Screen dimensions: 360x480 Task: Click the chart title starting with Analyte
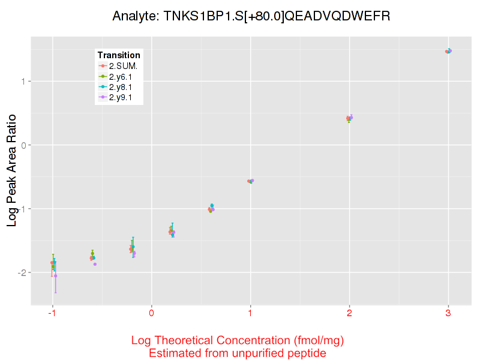[251, 16]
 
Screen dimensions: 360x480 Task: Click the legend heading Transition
[119, 55]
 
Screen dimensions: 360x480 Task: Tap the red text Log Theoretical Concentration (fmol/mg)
[238, 341]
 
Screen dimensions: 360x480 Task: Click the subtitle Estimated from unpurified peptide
[238, 353]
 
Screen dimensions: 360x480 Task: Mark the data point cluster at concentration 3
[448, 51]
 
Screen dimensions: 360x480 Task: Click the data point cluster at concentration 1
[250, 181]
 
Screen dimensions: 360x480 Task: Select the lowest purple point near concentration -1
[56, 275]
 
